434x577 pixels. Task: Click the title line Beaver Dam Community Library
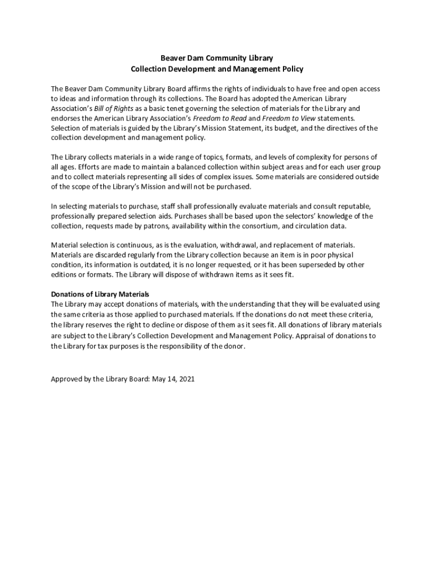click(217, 58)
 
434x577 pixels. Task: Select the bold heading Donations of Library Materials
click(100, 294)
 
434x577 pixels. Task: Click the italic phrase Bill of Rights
click(106, 108)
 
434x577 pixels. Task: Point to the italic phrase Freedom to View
click(289, 118)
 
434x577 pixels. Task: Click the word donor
click(233, 346)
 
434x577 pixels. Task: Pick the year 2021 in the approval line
click(185, 379)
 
